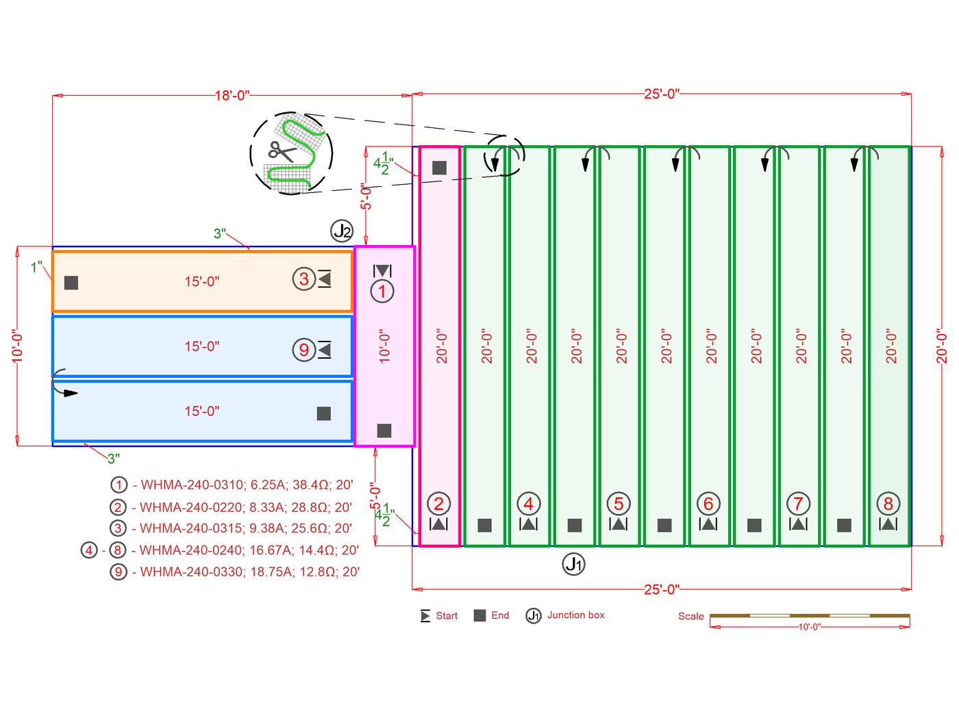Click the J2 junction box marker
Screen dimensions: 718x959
coord(342,231)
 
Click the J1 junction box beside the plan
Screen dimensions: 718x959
coord(573,564)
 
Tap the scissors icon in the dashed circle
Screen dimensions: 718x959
coord(281,151)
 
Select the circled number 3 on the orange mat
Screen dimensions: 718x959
coord(303,279)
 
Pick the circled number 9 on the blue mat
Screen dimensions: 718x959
coord(303,350)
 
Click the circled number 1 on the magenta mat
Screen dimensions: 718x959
coord(382,292)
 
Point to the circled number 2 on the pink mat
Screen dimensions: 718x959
coord(438,504)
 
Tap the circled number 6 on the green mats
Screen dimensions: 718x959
coord(708,504)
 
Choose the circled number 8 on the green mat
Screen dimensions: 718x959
coord(888,504)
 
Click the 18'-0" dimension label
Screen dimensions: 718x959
coord(232,95)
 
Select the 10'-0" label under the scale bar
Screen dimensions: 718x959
coord(809,627)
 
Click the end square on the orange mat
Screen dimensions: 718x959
coord(71,283)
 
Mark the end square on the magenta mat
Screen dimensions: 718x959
coord(384,431)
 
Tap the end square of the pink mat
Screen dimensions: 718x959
coord(440,168)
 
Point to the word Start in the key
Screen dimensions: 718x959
coord(447,616)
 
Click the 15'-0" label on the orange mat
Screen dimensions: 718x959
coord(202,281)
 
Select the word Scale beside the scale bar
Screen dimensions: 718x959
coord(690,616)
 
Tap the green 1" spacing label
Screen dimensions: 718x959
coord(36,267)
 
